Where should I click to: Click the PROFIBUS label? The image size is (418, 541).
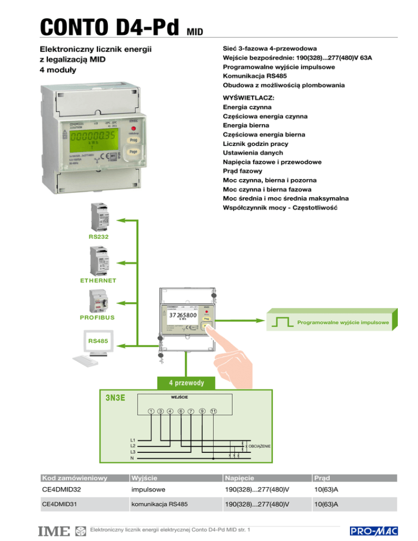tap(96, 316)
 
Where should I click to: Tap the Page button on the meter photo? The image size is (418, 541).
tap(133, 152)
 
